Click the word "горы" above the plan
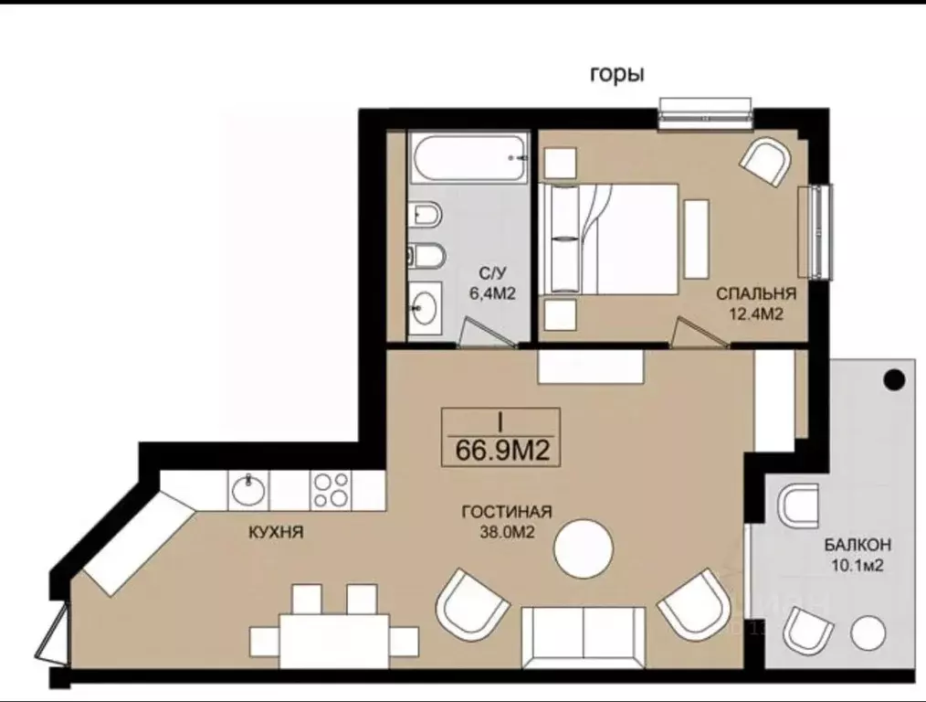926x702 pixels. click(616, 74)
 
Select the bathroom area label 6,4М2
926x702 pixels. click(492, 293)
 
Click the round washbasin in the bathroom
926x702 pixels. click(426, 307)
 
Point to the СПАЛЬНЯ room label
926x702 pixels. click(756, 293)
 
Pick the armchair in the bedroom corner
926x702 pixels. click(766, 162)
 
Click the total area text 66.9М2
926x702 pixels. click(502, 452)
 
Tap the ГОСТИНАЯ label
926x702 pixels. click(507, 512)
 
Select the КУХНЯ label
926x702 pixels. click(276, 532)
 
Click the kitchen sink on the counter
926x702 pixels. click(248, 491)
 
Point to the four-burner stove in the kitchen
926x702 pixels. click(331, 491)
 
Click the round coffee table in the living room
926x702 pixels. click(584, 548)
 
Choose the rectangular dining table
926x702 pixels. click(335, 641)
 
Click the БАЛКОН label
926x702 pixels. click(858, 545)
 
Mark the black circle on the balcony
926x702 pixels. click(894, 380)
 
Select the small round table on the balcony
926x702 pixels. click(868, 633)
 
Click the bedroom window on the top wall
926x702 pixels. click(706, 113)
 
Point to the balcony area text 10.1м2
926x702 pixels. click(858, 566)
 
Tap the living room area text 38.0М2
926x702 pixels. click(507, 532)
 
